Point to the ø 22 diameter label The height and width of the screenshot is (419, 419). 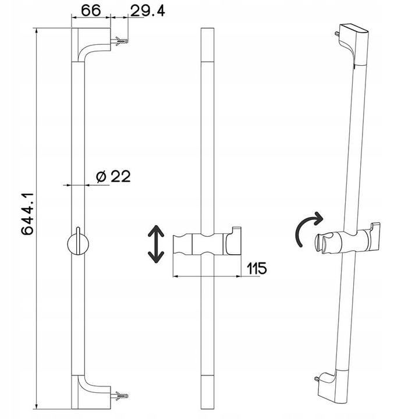pyautogui.click(x=112, y=176)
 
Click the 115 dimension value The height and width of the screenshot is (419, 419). pyautogui.click(x=255, y=268)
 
